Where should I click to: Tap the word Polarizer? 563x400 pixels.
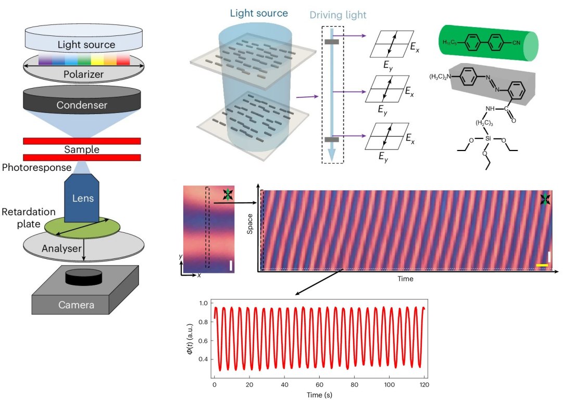83,74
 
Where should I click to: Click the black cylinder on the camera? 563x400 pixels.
84,277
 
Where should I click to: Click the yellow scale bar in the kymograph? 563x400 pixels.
542,266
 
